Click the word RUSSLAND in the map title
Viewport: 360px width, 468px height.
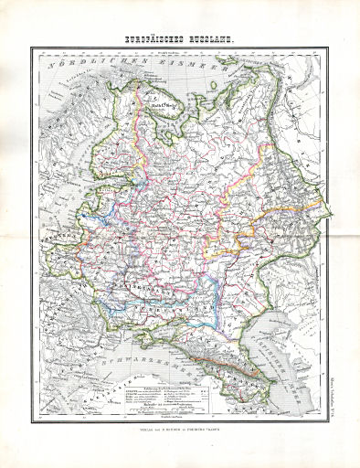click(x=211, y=38)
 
